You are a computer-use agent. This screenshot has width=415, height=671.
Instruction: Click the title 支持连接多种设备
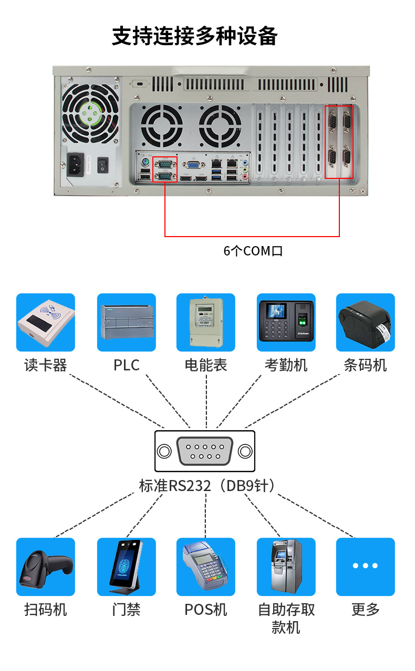[195, 36]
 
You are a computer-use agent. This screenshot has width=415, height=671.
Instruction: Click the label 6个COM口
[253, 251]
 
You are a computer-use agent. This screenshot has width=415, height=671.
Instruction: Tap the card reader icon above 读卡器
[46, 322]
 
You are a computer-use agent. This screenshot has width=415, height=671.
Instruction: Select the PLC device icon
[127, 322]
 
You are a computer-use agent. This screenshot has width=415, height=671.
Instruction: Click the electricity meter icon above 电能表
[206, 322]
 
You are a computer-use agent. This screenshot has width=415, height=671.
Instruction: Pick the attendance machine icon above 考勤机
[286, 322]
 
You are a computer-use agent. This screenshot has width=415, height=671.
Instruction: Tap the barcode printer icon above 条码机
[366, 322]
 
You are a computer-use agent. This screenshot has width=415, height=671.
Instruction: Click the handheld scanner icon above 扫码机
[46, 567]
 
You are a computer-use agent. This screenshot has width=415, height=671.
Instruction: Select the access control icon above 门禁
[127, 567]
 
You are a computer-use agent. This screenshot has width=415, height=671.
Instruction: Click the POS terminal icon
[206, 567]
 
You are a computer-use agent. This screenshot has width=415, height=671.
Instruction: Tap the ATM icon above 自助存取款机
[286, 567]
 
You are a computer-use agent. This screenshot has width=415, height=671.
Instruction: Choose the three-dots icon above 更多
[366, 567]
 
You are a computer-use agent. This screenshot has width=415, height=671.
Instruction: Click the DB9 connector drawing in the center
[205, 451]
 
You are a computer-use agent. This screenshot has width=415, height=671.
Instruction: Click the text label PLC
[127, 365]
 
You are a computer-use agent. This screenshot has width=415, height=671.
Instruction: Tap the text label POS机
[206, 610]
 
